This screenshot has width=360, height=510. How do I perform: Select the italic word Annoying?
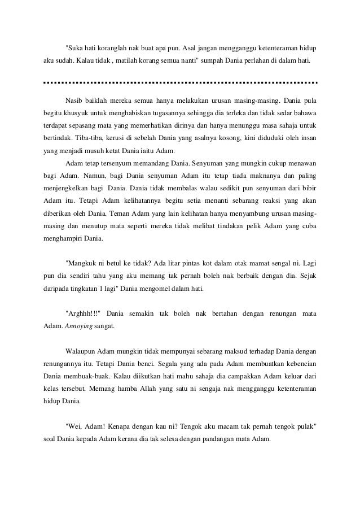point(80,326)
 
